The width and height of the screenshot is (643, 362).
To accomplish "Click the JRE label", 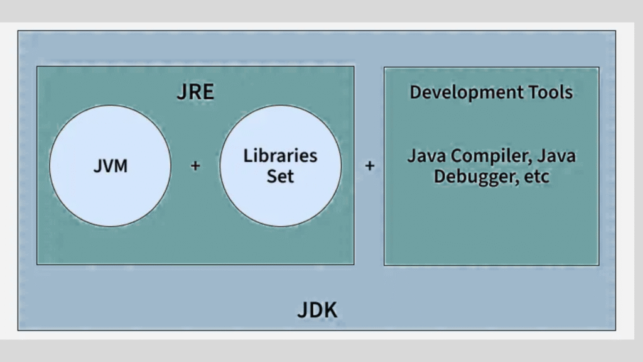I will tap(195, 92).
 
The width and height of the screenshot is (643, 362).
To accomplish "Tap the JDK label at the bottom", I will tap(317, 310).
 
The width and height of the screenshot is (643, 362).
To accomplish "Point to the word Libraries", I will tap(281, 156).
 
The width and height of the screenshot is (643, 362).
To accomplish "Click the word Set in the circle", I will tap(280, 176).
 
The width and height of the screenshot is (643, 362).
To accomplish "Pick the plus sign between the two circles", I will tap(195, 167).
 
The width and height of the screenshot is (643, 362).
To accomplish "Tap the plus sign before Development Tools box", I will tap(370, 167).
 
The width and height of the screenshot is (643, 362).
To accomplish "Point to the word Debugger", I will tap(473, 177).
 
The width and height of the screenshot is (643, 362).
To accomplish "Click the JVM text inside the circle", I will tap(110, 167).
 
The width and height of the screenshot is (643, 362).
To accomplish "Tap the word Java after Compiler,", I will tap(556, 155).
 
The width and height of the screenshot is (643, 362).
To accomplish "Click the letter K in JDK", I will tap(331, 310).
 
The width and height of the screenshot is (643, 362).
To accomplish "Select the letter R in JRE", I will tap(195, 92).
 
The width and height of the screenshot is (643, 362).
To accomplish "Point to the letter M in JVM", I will tap(121, 167).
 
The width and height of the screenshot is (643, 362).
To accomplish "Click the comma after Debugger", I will tap(517, 182).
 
